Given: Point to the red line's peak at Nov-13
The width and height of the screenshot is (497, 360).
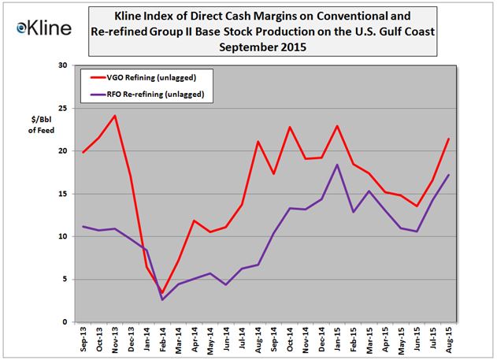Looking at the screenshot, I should coord(115,116).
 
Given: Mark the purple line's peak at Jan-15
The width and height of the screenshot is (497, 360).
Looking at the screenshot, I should coord(337,165).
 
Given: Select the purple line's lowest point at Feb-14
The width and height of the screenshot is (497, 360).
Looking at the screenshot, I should coord(163,299).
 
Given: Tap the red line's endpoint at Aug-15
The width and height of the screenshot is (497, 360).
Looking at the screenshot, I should coord(448,139).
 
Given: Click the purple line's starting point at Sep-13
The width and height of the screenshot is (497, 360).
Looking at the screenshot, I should coord(83,227).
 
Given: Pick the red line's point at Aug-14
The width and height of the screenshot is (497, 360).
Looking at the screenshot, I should coord(258,142).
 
